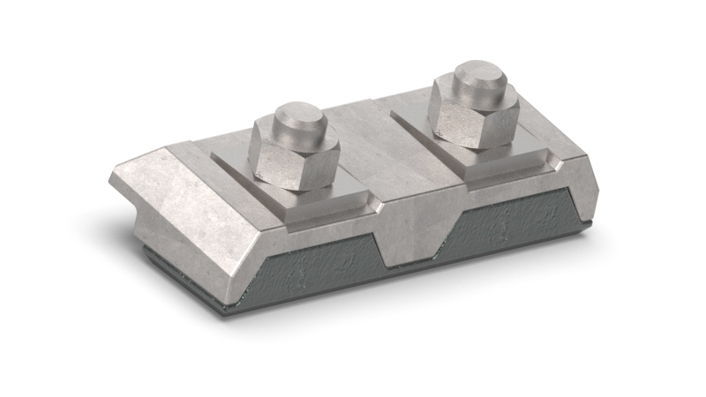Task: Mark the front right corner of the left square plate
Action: click(x=379, y=208)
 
